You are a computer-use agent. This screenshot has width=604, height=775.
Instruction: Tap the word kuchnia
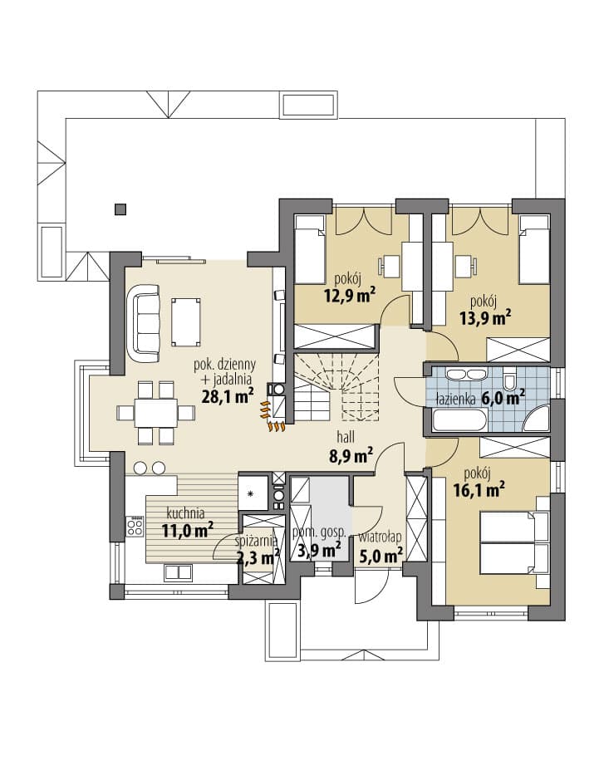coord(185,513)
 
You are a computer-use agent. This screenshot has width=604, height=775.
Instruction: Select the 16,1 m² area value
coord(479,490)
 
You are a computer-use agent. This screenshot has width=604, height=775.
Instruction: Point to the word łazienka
coord(454,399)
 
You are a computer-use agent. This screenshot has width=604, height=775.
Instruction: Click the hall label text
coord(346,437)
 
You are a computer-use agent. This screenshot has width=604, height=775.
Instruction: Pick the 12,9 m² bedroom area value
coord(350,296)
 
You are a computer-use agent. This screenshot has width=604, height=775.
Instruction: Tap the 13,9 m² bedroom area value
coord(485,318)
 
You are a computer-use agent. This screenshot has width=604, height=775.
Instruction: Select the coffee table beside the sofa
coord(186,321)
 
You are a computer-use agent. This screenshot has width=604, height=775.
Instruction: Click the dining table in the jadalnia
coord(156,413)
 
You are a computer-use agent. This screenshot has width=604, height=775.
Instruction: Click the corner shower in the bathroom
coord(537,419)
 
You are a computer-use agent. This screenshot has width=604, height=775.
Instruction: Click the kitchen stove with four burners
coord(135,526)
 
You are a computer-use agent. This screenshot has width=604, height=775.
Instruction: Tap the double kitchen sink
coord(179,573)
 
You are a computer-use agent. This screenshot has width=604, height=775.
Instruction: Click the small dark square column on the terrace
coord(120,209)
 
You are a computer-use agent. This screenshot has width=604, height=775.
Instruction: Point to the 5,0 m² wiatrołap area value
coord(378,555)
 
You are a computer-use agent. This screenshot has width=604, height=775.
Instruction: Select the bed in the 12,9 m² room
coord(310,249)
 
